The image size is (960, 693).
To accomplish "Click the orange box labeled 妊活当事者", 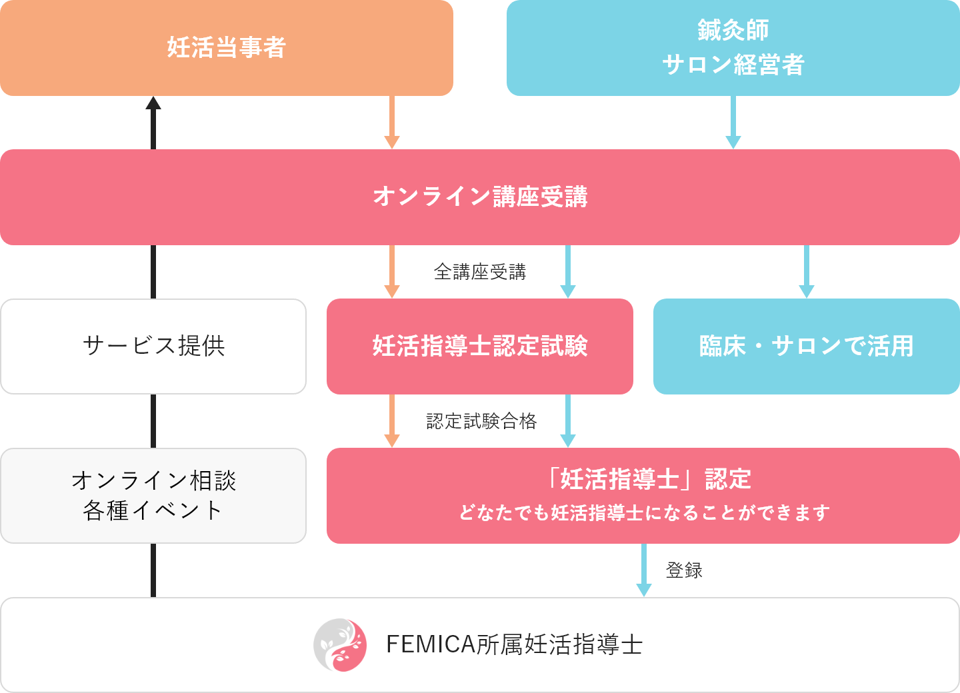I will pyautogui.click(x=226, y=48).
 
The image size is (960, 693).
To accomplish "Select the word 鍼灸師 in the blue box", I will pyautogui.click(x=733, y=30).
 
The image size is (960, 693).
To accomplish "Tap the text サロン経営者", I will pyautogui.click(x=733, y=65).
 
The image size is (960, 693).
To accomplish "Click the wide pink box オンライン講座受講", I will pyautogui.click(x=480, y=197).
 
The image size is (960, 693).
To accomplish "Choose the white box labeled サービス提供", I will pyautogui.click(x=153, y=346).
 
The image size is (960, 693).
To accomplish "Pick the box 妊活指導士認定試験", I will pyautogui.click(x=479, y=346).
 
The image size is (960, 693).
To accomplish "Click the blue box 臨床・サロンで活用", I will pyautogui.click(x=806, y=346).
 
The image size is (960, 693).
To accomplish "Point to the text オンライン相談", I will pyautogui.click(x=153, y=480).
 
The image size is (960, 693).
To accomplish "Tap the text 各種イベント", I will pyautogui.click(x=153, y=510).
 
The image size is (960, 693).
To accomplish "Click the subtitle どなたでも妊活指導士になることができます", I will pyautogui.click(x=643, y=512).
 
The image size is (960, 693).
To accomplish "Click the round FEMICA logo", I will pyautogui.click(x=340, y=644).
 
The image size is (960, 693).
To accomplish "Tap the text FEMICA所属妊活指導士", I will pyautogui.click(x=514, y=644).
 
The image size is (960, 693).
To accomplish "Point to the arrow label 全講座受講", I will pyautogui.click(x=480, y=271).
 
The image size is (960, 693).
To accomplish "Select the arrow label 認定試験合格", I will pyautogui.click(x=481, y=420).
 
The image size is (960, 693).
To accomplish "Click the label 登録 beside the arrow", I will pyautogui.click(x=684, y=570).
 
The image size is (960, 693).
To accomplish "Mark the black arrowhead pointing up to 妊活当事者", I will pyautogui.click(x=153, y=103).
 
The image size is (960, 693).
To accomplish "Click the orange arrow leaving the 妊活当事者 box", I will pyautogui.click(x=392, y=123).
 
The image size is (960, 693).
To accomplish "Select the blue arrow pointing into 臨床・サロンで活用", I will pyautogui.click(x=807, y=273).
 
